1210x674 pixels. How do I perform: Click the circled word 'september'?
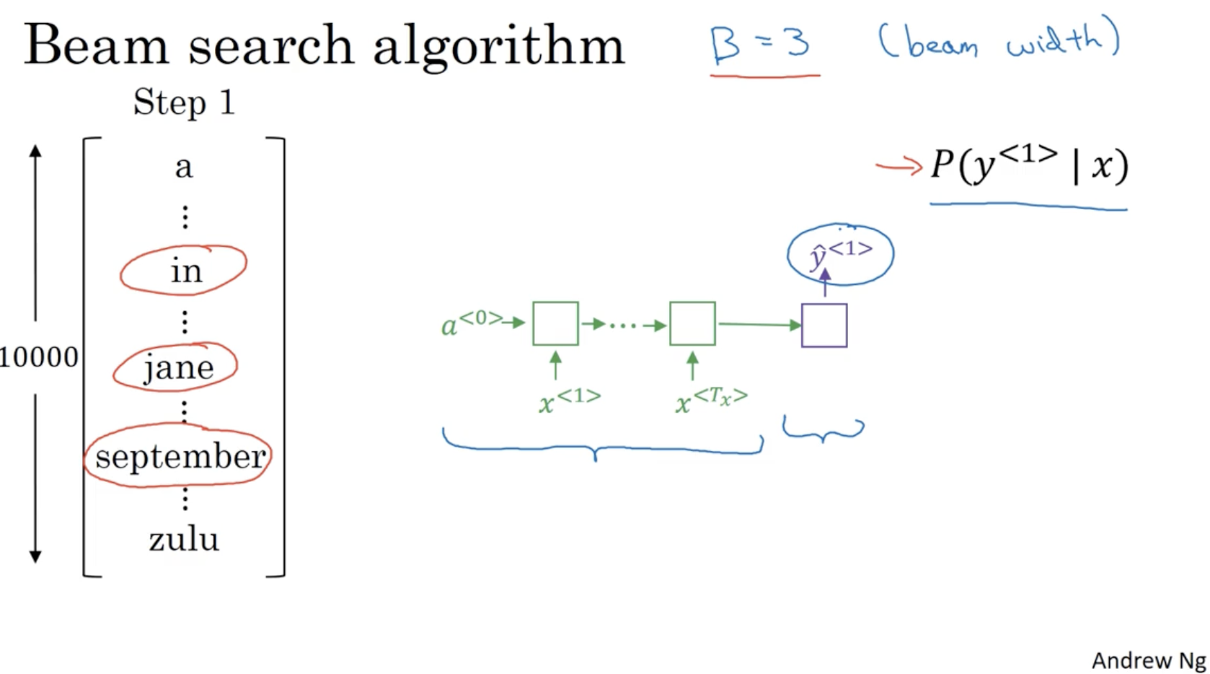tap(180, 457)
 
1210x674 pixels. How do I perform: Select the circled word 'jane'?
tap(178, 368)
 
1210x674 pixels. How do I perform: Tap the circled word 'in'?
tap(185, 271)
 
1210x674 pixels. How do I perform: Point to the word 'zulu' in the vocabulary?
tap(184, 539)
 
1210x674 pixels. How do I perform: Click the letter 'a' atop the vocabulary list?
tap(184, 167)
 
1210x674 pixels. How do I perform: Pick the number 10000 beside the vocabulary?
tap(39, 357)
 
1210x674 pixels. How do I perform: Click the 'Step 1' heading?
tap(184, 102)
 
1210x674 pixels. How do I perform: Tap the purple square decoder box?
tap(824, 325)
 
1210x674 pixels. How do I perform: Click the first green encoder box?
tap(555, 324)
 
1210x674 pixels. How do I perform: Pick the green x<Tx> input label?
tap(711, 400)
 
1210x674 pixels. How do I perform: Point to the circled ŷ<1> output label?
tap(841, 254)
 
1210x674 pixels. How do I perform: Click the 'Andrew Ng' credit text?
tap(1149, 660)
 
